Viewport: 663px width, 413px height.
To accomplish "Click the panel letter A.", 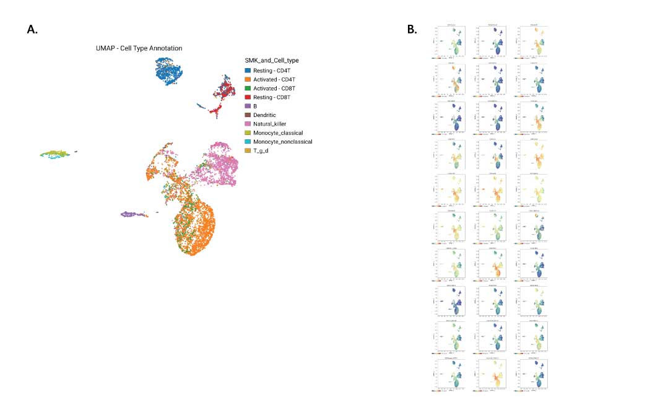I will pyautogui.click(x=32, y=29).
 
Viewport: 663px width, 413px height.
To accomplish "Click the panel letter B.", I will pyautogui.click(x=412, y=29).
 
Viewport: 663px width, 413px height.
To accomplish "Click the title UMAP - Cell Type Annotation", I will pyautogui.click(x=139, y=48).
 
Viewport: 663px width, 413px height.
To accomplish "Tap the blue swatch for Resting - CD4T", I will pyautogui.click(x=248, y=71).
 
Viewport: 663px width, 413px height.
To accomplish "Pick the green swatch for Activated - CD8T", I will pyautogui.click(x=248, y=89).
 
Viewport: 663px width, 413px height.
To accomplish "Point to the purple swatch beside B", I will pyautogui.click(x=248, y=106).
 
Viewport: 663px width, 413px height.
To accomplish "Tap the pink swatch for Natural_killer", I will pyautogui.click(x=248, y=124).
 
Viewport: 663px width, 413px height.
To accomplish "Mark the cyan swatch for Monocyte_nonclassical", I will pyautogui.click(x=248, y=141).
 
